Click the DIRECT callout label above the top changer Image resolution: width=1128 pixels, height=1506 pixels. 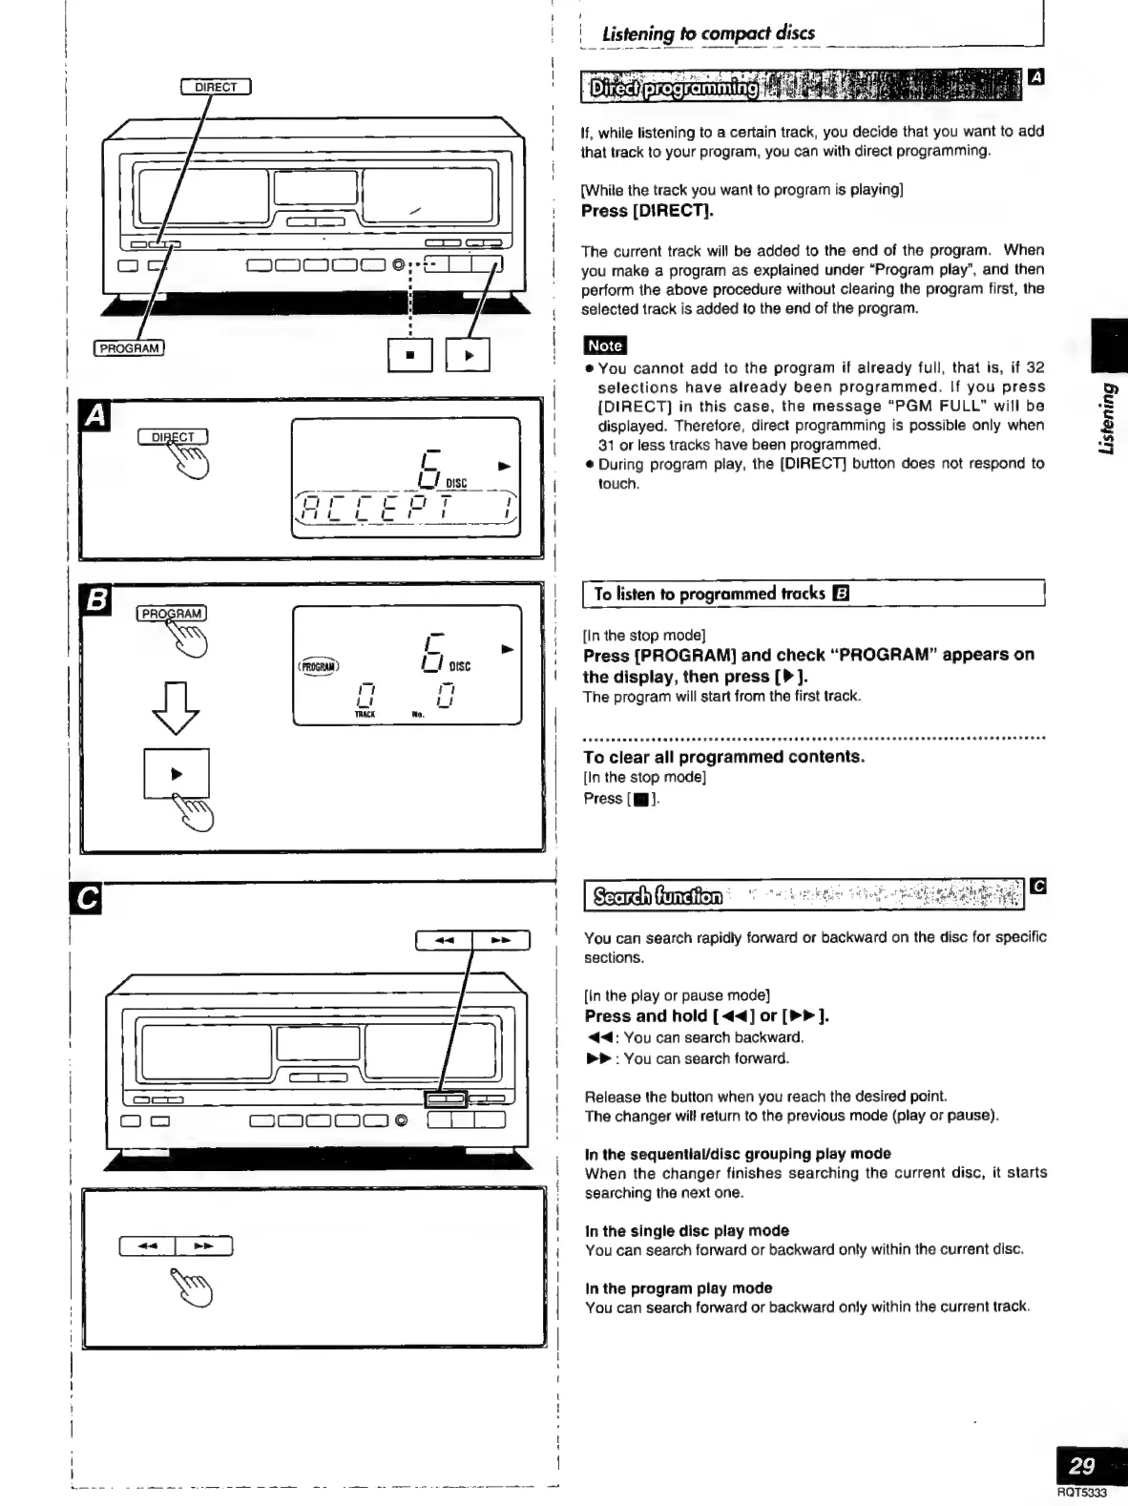point(215,88)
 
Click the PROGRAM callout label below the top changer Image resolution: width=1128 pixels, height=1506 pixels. point(130,347)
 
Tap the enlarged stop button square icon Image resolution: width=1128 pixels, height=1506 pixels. point(410,355)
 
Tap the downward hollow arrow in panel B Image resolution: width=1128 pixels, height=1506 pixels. point(176,709)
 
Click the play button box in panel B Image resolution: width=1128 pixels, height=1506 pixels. point(177,774)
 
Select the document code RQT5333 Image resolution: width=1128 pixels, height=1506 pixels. point(1081,1494)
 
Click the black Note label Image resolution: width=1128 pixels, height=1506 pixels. point(604,345)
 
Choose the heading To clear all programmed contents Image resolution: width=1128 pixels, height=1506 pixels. point(723,757)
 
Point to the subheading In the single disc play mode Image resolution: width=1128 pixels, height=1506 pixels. point(686,1230)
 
